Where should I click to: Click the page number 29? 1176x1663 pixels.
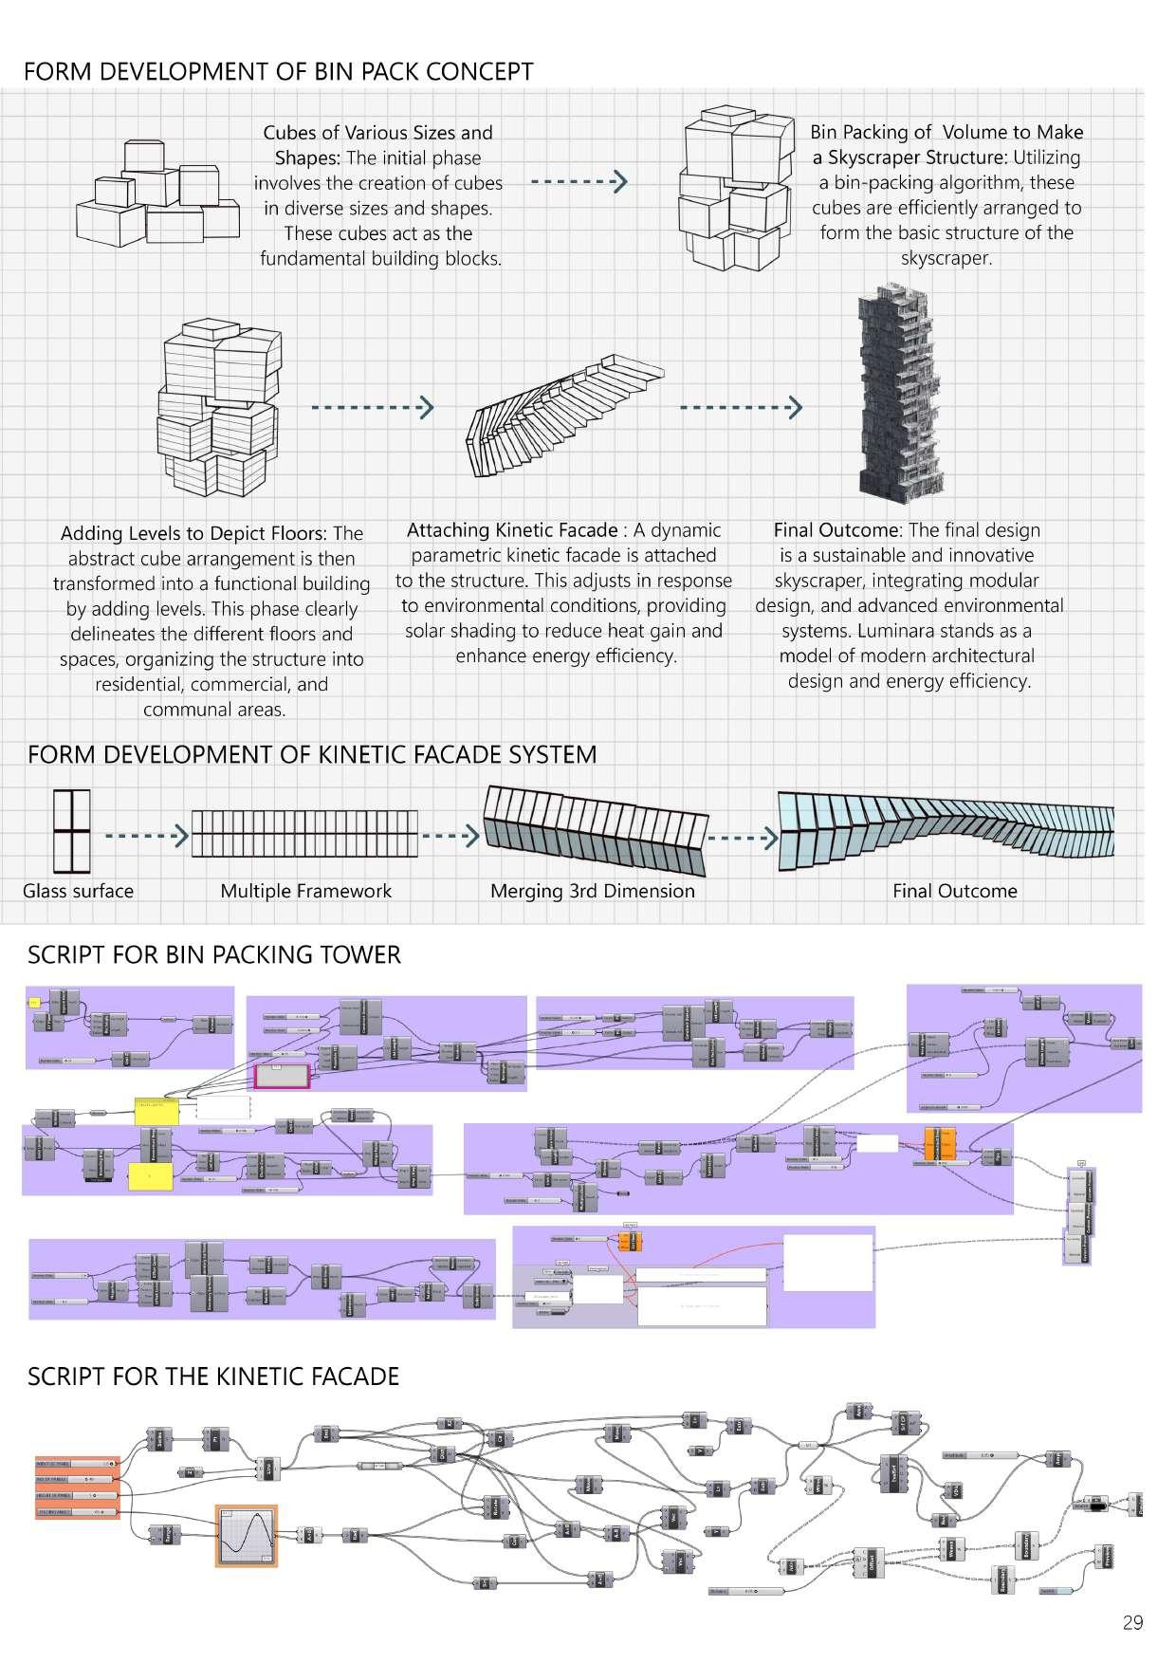point(1132,1623)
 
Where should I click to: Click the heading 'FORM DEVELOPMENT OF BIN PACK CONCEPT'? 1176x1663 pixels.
point(278,72)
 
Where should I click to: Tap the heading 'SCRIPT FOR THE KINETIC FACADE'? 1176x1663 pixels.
point(213,1377)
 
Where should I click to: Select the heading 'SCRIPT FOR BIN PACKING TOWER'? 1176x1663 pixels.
point(214,954)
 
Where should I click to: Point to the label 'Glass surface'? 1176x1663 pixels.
point(78,891)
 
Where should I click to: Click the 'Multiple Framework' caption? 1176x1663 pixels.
point(305,891)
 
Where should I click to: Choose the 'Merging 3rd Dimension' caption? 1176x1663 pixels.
point(592,891)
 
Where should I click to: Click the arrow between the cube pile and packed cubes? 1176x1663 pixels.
point(579,181)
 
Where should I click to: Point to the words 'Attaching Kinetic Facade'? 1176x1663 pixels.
point(512,530)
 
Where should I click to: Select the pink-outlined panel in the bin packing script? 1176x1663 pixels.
point(283,1076)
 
